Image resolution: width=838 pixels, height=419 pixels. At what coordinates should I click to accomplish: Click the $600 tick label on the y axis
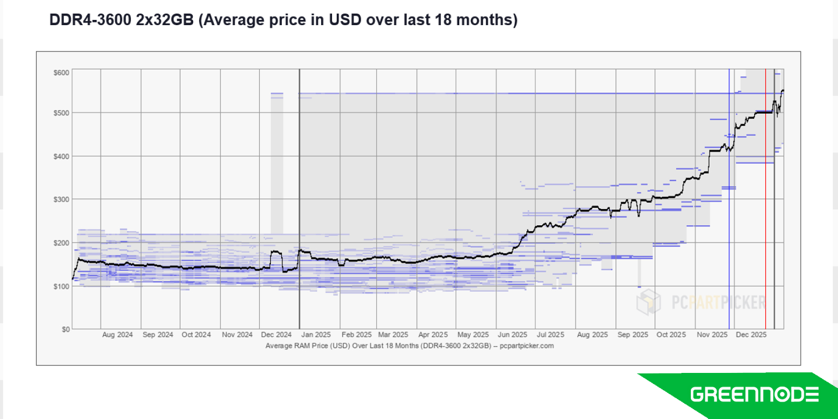[61, 73]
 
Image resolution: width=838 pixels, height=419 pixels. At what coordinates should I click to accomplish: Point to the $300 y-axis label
[61, 200]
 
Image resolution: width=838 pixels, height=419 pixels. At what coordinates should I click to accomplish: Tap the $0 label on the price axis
[65, 329]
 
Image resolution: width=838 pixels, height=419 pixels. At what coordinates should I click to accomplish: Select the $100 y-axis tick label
[61, 286]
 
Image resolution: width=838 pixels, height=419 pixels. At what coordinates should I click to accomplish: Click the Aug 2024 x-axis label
[117, 335]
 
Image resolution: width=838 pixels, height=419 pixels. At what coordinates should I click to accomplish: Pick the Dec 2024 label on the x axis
[276, 335]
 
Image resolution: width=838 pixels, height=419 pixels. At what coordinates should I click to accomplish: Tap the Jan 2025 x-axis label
[316, 335]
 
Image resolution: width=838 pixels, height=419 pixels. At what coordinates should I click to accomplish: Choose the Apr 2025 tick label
[433, 335]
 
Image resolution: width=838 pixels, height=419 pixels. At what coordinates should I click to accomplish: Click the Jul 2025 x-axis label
[550, 335]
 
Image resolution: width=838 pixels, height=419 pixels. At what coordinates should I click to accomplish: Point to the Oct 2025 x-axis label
[671, 335]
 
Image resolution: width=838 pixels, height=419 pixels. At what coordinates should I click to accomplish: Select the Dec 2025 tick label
[751, 335]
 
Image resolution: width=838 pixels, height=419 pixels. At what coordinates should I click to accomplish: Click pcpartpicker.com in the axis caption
[526, 346]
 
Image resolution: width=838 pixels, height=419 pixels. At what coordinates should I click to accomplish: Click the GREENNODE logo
[754, 394]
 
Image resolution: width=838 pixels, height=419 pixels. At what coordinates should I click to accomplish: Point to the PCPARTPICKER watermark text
[718, 302]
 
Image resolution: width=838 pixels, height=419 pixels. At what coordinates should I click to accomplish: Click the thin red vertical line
[766, 210]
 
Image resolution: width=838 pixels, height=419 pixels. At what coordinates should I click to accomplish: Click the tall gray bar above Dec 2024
[277, 162]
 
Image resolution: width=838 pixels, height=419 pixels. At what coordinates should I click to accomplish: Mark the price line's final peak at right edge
[782, 91]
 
